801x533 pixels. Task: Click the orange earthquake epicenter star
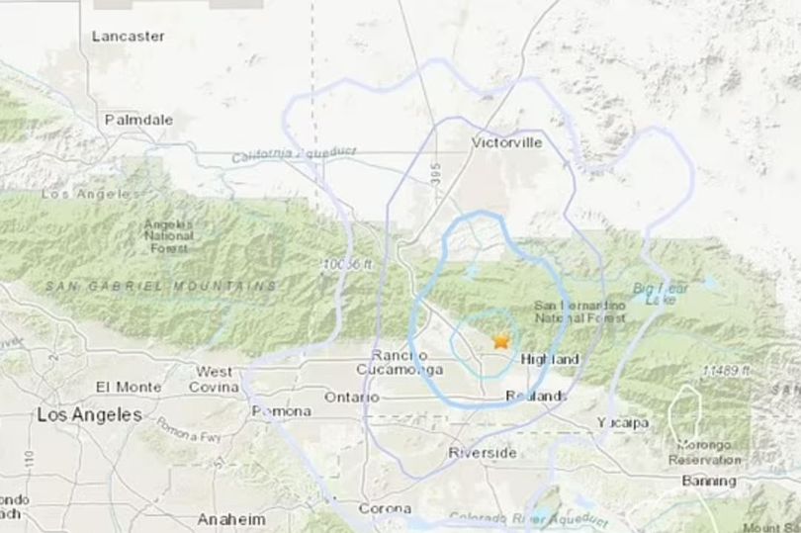point(500,341)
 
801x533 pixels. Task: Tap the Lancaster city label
point(128,36)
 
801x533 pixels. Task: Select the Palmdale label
point(139,120)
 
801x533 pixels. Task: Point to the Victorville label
point(507,142)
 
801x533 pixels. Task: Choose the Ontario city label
point(351,398)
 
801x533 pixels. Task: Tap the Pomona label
point(281,410)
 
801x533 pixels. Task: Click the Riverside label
point(482,452)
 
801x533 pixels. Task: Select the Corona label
point(384,507)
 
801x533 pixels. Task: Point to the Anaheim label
point(230,519)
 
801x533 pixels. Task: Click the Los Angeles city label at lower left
point(89,415)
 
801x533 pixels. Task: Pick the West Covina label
point(214,379)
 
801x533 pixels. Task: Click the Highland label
point(549,359)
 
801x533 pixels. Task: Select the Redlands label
point(536,396)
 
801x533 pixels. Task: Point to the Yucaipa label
point(623,422)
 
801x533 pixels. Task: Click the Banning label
point(709,481)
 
